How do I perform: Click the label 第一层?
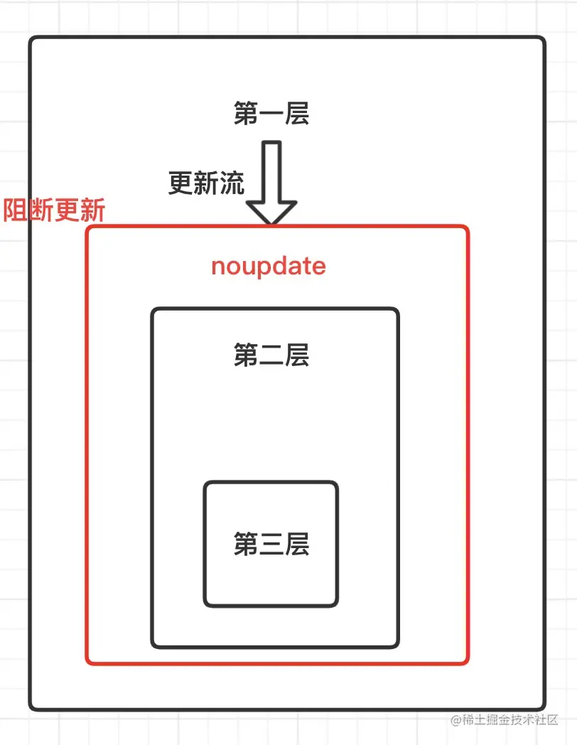point(271,113)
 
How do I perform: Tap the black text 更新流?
point(207,183)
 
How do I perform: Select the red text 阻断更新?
point(54,210)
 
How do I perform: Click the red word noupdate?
point(269,266)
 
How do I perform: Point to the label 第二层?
point(271,355)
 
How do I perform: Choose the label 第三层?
point(271,544)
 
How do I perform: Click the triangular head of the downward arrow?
point(271,211)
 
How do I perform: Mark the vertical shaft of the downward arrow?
point(271,171)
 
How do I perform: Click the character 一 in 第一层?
point(271,114)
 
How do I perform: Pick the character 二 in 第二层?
point(271,355)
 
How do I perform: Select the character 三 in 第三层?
point(271,545)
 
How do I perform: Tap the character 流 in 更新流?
point(232,183)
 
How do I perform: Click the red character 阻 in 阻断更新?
point(15,210)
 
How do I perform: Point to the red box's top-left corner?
point(87,227)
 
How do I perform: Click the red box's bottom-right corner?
point(468,663)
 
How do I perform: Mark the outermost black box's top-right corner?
point(544,38)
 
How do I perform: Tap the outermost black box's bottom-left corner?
point(31,709)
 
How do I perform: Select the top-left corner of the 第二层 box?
point(153,309)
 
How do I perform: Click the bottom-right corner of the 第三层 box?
point(337,606)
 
